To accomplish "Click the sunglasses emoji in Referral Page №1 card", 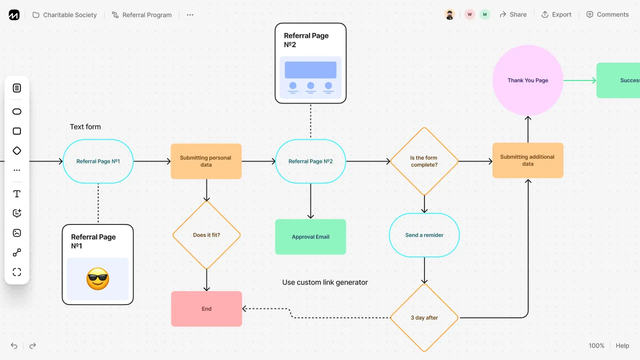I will point(97,279).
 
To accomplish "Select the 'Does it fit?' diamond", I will point(206,235).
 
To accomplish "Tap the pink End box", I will point(206,309).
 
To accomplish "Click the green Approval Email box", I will point(310,237).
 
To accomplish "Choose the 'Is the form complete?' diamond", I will point(424,161).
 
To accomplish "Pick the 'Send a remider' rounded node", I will point(424,235).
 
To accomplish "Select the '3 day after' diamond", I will point(424,317).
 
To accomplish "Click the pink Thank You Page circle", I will point(527,80).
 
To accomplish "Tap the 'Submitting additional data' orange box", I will point(527,160).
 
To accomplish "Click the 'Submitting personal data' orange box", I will point(206,161).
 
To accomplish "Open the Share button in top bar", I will point(513,14).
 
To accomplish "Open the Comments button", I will point(607,14).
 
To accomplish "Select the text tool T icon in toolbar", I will point(17,194).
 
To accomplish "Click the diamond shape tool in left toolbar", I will point(17,150).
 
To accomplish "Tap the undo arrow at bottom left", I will point(14,345).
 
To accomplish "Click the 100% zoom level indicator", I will point(596,345).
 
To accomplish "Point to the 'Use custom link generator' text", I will point(325,282).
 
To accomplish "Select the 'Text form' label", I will point(85,127).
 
